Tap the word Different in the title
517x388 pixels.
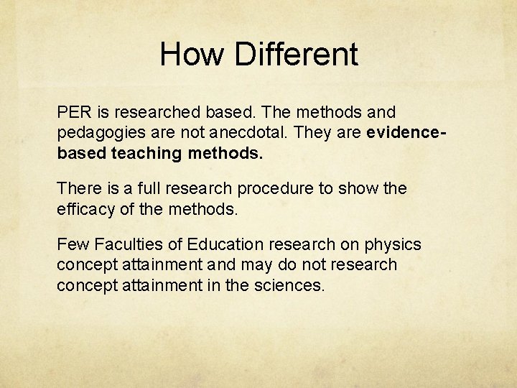tap(296, 55)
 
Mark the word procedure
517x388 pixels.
tap(272, 189)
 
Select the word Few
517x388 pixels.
tap(73, 244)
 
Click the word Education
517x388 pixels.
tap(223, 244)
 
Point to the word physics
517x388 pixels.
tap(397, 245)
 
